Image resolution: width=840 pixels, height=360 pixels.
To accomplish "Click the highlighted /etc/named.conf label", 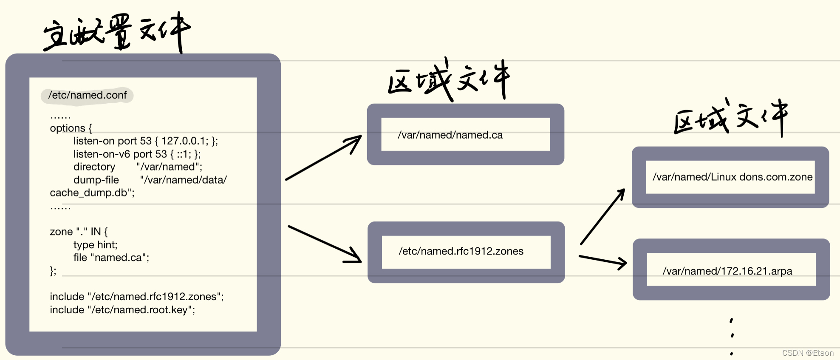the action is [87, 95].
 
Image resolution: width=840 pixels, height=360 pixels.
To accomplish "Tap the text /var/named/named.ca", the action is [450, 135].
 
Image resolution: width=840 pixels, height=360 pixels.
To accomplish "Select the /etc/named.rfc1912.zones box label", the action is [461, 251].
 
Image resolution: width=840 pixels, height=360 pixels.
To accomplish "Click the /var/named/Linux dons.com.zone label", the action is [732, 177].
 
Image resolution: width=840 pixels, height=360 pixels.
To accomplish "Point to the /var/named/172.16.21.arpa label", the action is [727, 271].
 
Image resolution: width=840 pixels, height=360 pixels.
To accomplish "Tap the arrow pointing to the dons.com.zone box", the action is [603, 216].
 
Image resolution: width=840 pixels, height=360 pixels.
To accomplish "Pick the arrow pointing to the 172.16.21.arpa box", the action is [602, 261].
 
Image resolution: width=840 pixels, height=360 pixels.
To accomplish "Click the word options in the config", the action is [68, 128].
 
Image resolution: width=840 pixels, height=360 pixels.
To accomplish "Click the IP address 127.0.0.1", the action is [185, 141].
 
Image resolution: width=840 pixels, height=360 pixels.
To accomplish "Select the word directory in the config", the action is [94, 167].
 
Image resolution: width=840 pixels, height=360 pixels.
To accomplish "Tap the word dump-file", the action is [96, 180].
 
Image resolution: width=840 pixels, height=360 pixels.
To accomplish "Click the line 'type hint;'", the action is [95, 245].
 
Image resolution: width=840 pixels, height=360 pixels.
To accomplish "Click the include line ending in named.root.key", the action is [122, 310].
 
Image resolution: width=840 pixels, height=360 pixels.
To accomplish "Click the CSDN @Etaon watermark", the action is [807, 353].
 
